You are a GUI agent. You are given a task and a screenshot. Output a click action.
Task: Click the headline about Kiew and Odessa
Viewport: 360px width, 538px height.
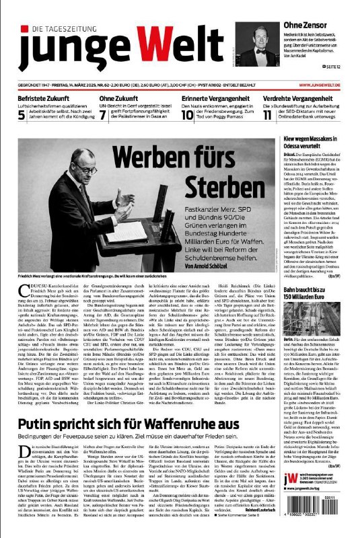(x=314, y=143)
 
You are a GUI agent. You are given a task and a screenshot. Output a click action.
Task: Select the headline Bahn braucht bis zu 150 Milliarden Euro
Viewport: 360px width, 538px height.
(x=314, y=318)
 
